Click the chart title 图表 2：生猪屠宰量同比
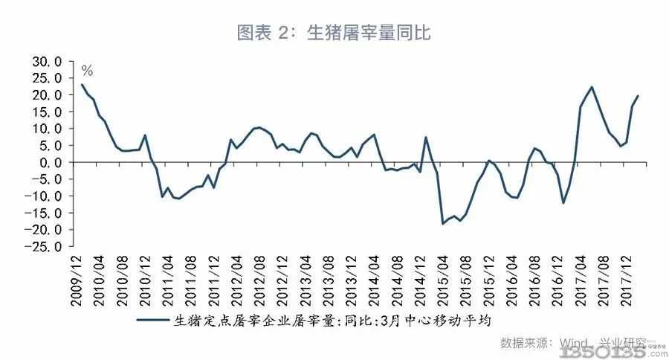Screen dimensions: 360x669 pyautogui.click(x=334, y=32)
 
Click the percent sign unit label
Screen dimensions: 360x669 pyautogui.click(x=87, y=71)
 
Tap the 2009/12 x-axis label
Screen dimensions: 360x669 pyautogui.click(x=77, y=280)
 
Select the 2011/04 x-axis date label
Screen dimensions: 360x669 pyautogui.click(x=168, y=280)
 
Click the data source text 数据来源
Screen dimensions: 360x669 pyautogui.click(x=526, y=344)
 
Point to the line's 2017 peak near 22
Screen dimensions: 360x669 pyautogui.click(x=592, y=87)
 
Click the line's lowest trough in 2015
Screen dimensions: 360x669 pyautogui.click(x=443, y=224)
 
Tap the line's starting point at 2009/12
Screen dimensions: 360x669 pyautogui.click(x=82, y=84)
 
